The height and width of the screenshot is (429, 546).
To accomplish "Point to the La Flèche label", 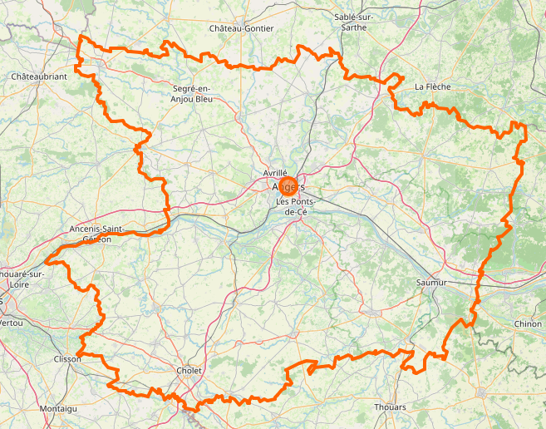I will (x=432, y=86).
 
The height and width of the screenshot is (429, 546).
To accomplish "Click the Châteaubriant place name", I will (x=39, y=76).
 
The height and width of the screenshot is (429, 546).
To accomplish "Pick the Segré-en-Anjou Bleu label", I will (x=192, y=94).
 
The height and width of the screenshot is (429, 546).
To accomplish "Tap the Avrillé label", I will (x=274, y=172).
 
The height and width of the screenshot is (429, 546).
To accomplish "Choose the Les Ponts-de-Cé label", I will (x=296, y=207).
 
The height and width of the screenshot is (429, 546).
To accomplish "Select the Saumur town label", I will (x=430, y=283).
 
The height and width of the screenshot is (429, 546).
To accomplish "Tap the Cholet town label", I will (x=189, y=370).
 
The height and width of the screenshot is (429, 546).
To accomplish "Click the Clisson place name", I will (x=66, y=359).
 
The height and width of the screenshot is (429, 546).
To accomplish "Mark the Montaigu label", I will (x=58, y=409).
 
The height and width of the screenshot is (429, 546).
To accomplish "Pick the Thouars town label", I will (x=391, y=407).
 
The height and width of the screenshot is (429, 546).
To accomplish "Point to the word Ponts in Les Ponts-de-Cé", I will (x=301, y=202).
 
